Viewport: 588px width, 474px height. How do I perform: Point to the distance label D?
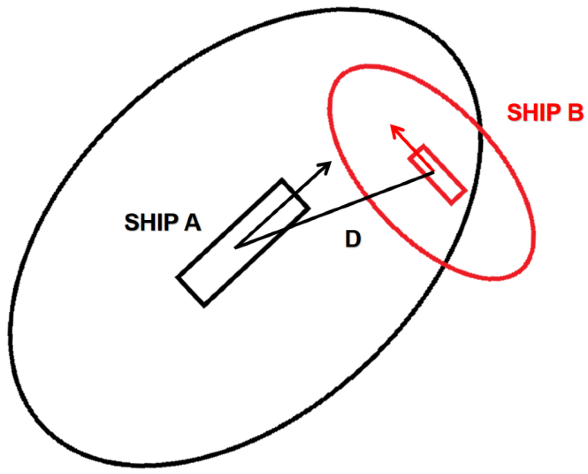353,239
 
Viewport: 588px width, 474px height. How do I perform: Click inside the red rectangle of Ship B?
438,175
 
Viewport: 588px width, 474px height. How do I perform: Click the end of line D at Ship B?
434,173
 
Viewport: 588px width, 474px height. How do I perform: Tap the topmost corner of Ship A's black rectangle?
282,179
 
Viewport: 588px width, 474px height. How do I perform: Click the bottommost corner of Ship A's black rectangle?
204,306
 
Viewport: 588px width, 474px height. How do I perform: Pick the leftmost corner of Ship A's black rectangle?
177,277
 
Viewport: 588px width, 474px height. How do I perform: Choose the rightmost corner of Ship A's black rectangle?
309,208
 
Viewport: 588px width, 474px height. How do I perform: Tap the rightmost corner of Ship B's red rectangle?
466,191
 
